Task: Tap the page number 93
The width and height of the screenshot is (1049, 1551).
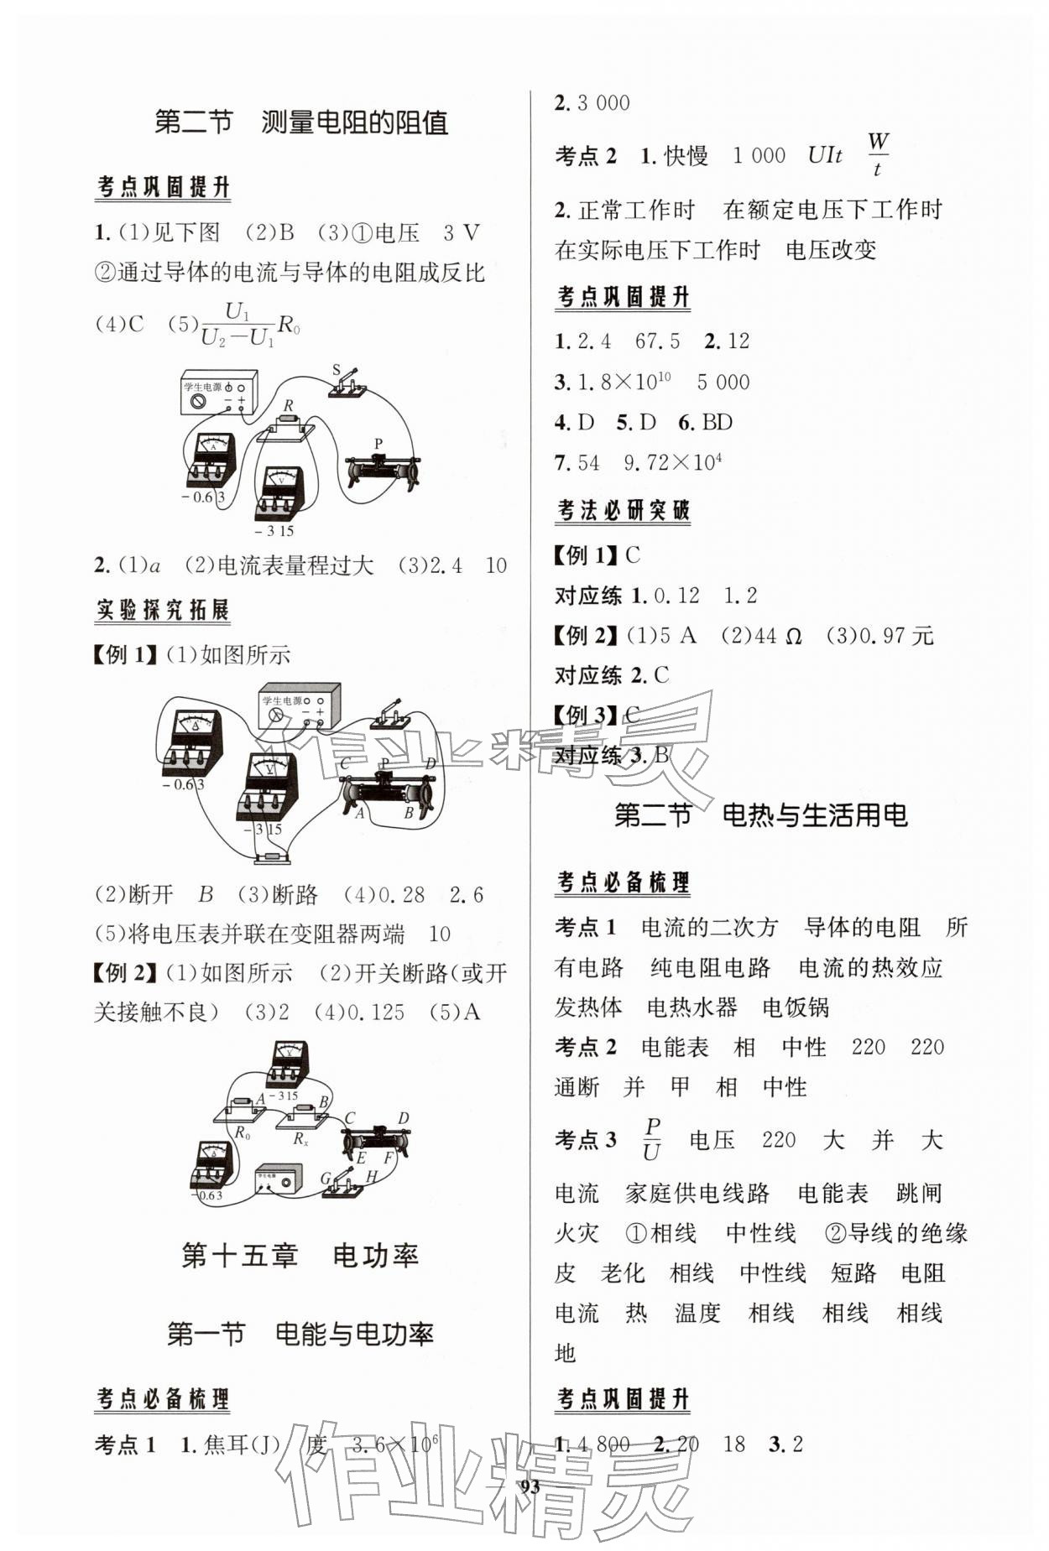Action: [530, 1487]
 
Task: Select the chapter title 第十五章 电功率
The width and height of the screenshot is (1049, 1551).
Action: [300, 1256]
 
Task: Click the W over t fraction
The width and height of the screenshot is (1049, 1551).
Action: [878, 154]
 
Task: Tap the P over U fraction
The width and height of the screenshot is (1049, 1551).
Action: [651, 1139]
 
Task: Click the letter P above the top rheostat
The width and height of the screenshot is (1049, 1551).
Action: [378, 444]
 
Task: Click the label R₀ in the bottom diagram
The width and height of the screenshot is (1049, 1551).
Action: [242, 1133]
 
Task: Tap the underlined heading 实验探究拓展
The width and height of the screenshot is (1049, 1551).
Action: [162, 610]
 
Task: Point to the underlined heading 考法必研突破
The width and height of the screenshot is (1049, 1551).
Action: [623, 510]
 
